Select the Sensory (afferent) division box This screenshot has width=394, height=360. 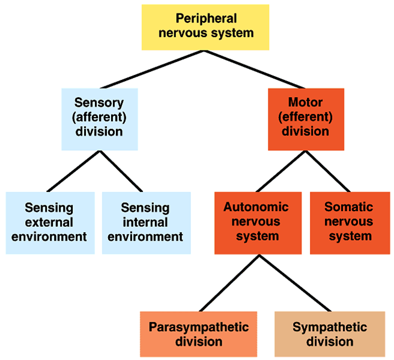click(100, 119)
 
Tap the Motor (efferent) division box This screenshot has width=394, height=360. click(306, 119)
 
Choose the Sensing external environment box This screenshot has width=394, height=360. click(50, 223)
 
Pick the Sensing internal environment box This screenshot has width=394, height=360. click(146, 223)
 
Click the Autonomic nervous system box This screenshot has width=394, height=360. click(258, 223)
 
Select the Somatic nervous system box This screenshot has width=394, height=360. click(349, 223)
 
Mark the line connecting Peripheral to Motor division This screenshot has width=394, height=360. click(255, 70)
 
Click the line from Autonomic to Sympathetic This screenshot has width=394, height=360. click(290, 283)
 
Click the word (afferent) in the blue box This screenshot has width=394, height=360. click(100, 117)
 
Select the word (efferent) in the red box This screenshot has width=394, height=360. click(306, 117)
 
